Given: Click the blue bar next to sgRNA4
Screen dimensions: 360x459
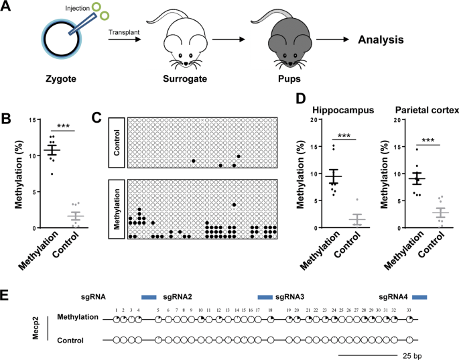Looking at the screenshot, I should point(419,296).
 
